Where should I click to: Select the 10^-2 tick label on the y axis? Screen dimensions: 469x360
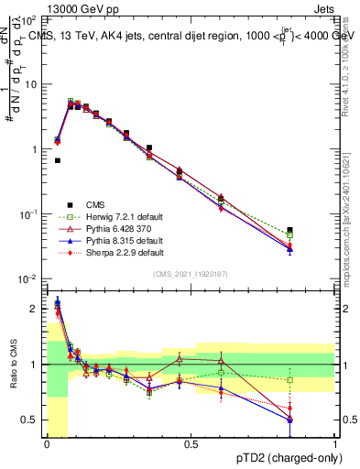point(29,278)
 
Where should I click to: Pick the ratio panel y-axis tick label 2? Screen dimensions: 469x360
point(38,309)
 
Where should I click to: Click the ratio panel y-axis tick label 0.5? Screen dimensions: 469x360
point(34,420)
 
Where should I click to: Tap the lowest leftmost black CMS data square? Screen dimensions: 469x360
point(57,160)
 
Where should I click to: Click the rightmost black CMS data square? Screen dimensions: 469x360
point(290,230)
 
